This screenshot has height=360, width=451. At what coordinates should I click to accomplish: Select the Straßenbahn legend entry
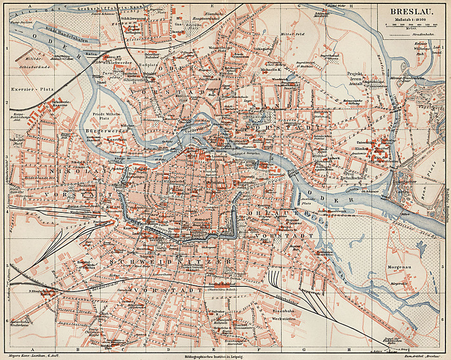pyautogui.click(x=421, y=34)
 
